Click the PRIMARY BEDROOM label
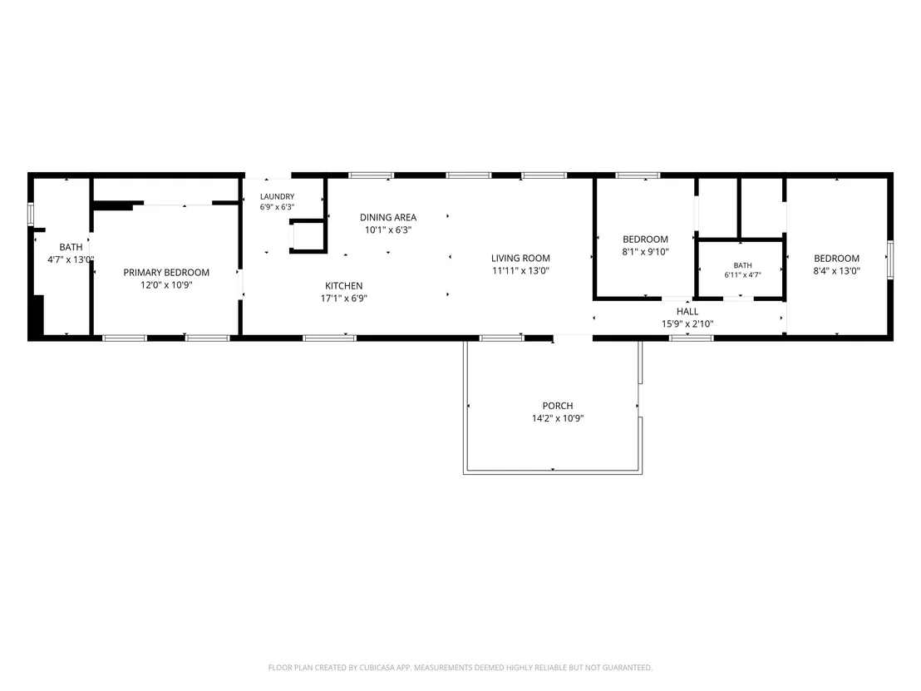(x=166, y=272)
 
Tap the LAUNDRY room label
(x=278, y=196)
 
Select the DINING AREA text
(x=388, y=217)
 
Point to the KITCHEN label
(x=343, y=285)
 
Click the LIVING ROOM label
(x=520, y=258)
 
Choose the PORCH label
(x=558, y=406)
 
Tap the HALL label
(x=687, y=312)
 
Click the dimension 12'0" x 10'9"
(x=166, y=285)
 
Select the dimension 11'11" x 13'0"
(x=520, y=270)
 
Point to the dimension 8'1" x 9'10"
(x=646, y=252)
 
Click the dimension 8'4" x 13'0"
(x=836, y=271)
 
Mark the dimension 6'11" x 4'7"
(x=742, y=274)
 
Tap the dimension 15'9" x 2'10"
(x=687, y=323)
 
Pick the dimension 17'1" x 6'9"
(x=343, y=298)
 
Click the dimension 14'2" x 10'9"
(x=558, y=418)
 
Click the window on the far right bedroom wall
(x=890, y=259)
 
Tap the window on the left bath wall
(x=31, y=214)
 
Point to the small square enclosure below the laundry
(x=308, y=236)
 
